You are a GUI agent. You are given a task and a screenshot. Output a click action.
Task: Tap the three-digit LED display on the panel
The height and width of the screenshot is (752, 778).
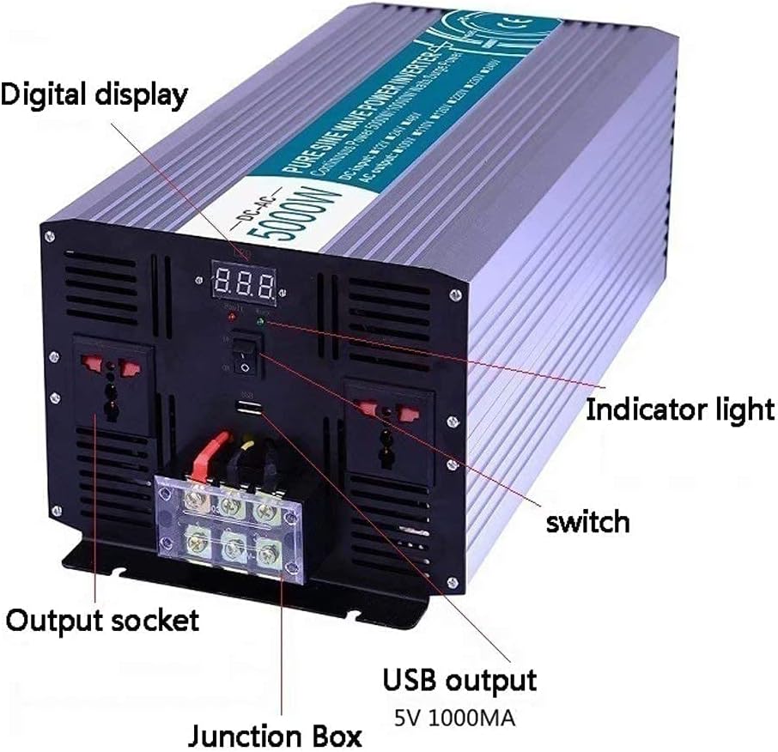[x=245, y=280]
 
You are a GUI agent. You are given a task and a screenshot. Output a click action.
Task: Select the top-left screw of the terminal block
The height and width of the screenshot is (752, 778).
[x=194, y=502]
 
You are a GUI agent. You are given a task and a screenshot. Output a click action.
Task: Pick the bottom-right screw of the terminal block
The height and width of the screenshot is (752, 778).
[x=270, y=550]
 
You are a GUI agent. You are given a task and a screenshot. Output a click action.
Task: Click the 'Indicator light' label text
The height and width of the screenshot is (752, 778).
[x=679, y=409]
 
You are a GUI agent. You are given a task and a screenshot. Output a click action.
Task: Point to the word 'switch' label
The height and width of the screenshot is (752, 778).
[x=588, y=521]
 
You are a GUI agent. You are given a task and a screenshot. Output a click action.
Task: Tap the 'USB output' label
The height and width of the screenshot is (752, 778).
[x=459, y=680]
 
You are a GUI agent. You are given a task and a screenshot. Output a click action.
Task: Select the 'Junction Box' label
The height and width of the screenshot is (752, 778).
[x=276, y=735]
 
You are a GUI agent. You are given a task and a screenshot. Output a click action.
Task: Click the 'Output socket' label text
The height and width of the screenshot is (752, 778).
[x=102, y=619]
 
